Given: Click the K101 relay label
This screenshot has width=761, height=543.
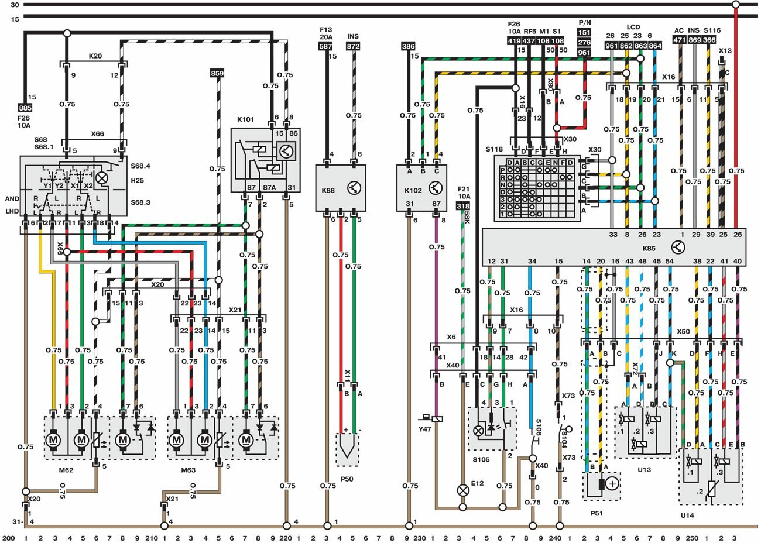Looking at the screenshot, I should [x=246, y=119].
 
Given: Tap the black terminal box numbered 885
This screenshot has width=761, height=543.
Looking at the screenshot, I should [x=25, y=108].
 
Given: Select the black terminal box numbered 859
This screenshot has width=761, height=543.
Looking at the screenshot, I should [x=217, y=74].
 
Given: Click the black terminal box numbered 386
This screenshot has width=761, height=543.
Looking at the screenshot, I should [x=409, y=46].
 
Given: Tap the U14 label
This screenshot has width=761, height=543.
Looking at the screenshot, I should [x=687, y=515].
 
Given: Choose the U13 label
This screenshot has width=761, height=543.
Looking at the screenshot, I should [x=644, y=469].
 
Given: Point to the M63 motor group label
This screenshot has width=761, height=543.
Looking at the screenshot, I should [x=188, y=469].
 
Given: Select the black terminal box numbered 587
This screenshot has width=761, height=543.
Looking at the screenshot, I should [x=326, y=46].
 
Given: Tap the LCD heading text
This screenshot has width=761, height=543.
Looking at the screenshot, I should [x=633, y=27].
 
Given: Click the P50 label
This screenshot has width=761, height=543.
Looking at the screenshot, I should [x=348, y=478].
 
